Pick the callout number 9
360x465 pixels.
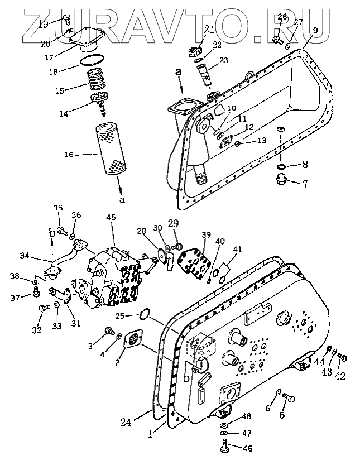coord(315,30)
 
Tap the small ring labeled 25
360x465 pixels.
coord(144,315)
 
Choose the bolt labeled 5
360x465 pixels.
coord(290,398)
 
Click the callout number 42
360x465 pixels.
coord(340,376)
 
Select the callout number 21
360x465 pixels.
coord(193,28)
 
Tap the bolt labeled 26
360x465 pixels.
coord(277,40)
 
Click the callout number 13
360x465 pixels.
coord(261,141)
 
